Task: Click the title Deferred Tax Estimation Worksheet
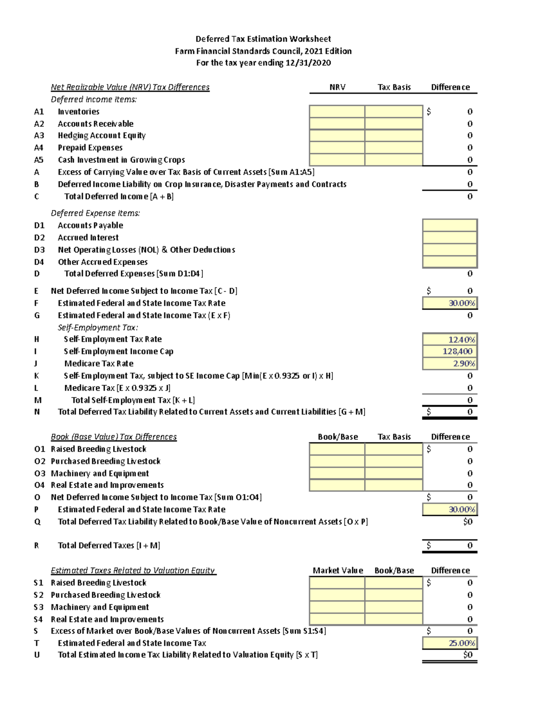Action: point(263,39)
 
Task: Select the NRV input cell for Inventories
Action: point(337,112)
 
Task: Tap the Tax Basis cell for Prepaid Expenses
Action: point(393,148)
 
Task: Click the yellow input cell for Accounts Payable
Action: point(449,225)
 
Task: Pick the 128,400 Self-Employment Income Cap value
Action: point(449,351)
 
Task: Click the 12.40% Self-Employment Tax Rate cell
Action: point(449,340)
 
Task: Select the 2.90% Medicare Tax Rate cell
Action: point(449,364)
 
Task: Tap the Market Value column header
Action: point(338,570)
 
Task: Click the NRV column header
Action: point(337,87)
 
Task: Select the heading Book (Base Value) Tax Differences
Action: point(114,437)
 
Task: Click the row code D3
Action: point(39,250)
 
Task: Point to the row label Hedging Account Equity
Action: point(102,136)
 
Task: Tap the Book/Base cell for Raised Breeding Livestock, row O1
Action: point(337,449)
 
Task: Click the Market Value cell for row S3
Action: point(337,607)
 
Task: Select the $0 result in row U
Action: point(468,655)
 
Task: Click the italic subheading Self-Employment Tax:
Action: point(98,328)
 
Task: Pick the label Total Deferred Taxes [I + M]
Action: point(109,545)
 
